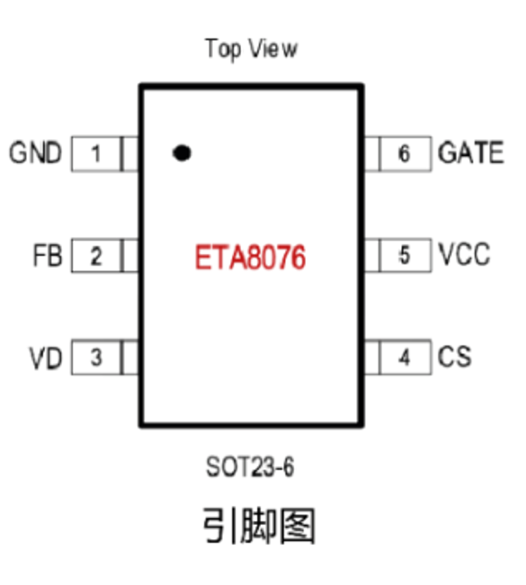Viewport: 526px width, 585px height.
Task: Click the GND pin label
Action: click(35, 153)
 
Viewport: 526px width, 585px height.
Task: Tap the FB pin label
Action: click(48, 256)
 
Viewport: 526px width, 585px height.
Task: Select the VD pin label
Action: click(46, 358)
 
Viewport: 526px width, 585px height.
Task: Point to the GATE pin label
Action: click(471, 153)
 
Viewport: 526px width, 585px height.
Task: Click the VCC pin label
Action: click(464, 254)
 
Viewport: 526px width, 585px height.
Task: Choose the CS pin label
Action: click(455, 357)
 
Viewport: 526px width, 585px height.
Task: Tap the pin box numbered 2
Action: click(96, 256)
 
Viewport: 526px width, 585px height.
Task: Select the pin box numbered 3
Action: click(96, 358)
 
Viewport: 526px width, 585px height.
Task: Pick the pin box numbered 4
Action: click(405, 358)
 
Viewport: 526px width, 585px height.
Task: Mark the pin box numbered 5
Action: click(405, 255)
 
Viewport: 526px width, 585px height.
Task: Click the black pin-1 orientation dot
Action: click(182, 152)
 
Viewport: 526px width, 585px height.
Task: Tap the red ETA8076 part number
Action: click(250, 258)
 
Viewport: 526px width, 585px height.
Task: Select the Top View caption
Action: click(251, 49)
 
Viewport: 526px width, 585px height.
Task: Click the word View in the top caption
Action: click(271, 49)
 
